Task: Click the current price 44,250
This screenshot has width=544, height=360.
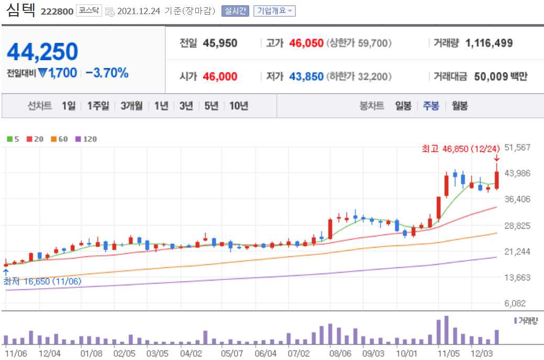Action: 42,52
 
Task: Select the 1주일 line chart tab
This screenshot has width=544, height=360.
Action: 98,106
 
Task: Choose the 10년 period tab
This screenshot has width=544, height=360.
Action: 238,106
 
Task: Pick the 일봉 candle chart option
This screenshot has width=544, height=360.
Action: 403,106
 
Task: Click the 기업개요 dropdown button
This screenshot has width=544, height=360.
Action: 274,11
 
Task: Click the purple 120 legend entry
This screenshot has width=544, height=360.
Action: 86,139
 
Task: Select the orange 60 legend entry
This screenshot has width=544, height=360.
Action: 59,139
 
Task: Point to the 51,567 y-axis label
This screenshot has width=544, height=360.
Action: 518,148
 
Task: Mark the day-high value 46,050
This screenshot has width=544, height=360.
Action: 306,43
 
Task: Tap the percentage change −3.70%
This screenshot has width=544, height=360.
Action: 107,73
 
